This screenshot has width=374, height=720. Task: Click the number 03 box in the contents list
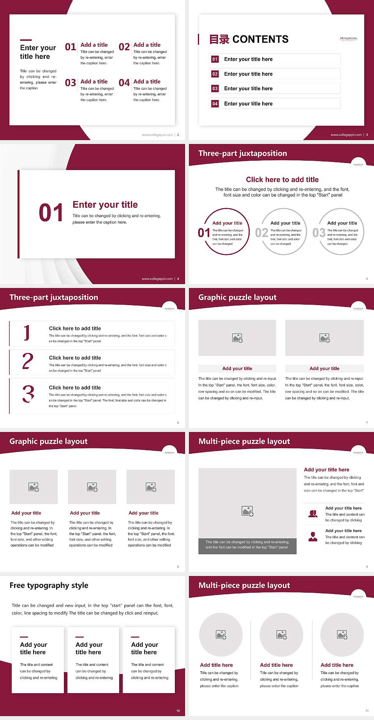tap(215, 89)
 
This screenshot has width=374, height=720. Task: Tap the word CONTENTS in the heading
tap(260, 39)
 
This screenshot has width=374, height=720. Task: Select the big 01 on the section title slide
tap(51, 213)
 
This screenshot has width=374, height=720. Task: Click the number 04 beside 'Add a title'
tap(124, 83)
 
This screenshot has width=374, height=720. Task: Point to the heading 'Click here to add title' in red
tap(282, 179)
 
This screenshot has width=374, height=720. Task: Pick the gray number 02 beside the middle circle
tap(261, 233)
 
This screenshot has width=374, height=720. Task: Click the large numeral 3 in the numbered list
tap(28, 394)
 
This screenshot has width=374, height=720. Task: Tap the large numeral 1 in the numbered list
tap(26, 333)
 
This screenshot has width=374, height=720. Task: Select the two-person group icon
tap(313, 514)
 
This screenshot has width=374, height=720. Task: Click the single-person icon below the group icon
tap(313, 537)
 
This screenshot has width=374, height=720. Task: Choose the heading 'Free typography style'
tap(49, 585)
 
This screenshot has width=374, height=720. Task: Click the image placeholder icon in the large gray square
tap(247, 511)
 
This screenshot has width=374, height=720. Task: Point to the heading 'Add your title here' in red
tap(326, 470)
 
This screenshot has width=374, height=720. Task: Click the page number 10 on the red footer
tap(178, 711)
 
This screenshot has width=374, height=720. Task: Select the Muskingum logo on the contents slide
tap(348, 39)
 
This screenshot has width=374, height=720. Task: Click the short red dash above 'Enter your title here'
tap(26, 40)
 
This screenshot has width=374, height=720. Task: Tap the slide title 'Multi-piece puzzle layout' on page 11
tap(244, 585)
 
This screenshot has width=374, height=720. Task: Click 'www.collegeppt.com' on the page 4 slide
tap(157, 279)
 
